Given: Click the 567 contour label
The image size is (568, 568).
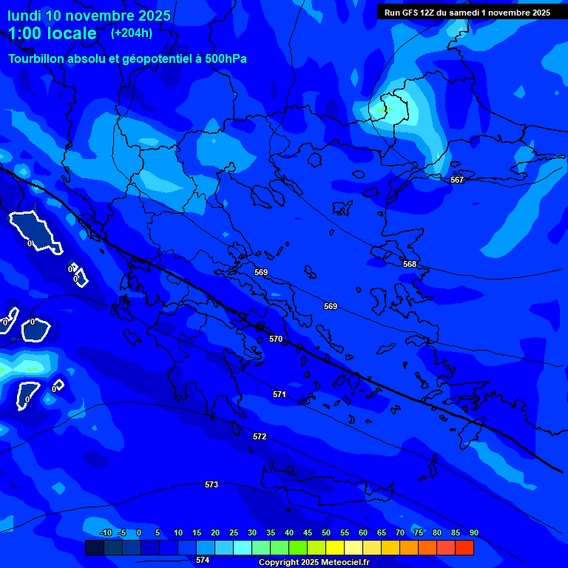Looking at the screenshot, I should tap(457, 180).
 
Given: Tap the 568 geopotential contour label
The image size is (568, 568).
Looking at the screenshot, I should tap(410, 264).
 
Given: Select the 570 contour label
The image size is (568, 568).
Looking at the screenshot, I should tap(276, 339).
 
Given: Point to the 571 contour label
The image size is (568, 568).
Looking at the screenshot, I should tap(279, 394).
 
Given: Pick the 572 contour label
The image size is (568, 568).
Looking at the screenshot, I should tap(260, 436).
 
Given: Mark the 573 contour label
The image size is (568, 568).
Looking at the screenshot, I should tap(212, 484).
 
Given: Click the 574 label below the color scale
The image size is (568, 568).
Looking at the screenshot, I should tap(203, 560).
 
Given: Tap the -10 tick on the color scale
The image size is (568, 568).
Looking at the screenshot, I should tap(105, 532).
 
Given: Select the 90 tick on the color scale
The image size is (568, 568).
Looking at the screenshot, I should tap(473, 532).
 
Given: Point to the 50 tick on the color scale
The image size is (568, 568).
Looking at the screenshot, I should tap(326, 532).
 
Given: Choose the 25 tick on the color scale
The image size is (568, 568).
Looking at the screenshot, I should tap(234, 532).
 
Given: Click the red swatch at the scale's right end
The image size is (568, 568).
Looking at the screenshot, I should tap(464, 547).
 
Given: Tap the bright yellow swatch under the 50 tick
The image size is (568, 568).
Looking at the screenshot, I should tap(334, 547).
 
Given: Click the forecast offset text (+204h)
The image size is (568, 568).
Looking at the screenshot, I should tap(132, 33).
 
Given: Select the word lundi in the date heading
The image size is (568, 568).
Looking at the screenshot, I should tap(25, 16).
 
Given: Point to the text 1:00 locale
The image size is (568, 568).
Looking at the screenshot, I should tap(53, 33).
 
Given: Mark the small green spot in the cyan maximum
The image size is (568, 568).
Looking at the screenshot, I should tap(382, 110).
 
